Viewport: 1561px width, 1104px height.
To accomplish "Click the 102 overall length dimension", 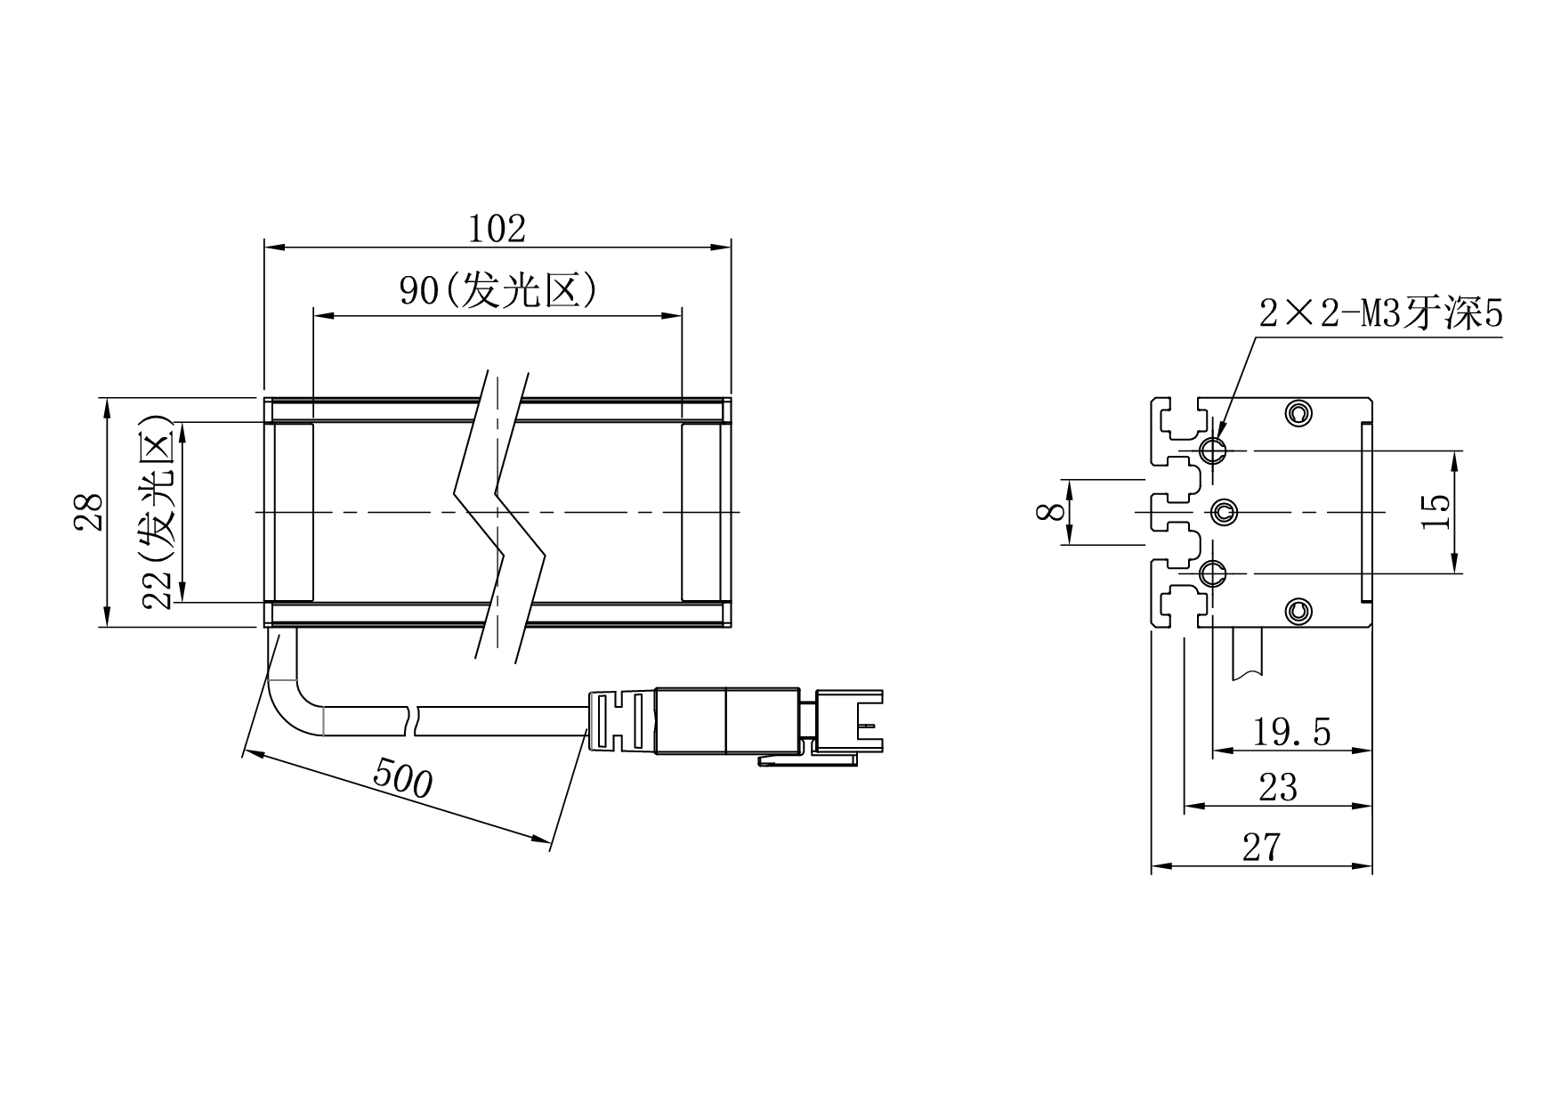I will [497, 229].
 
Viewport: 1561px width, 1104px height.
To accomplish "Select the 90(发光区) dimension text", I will [497, 290].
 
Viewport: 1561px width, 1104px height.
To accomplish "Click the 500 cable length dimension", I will [402, 777].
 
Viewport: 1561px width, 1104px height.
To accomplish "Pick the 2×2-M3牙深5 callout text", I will [1380, 313].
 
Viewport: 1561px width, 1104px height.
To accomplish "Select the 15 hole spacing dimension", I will [1436, 512].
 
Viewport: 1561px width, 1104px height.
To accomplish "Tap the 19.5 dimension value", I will [1291, 732].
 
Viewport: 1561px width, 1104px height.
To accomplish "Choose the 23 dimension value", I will [1278, 788].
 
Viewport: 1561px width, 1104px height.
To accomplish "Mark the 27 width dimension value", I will [1262, 847].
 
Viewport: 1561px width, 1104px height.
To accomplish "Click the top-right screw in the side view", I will [1299, 413].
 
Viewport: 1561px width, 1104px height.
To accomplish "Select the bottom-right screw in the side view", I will [1299, 610].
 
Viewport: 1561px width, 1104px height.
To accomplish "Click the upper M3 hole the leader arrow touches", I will [1212, 450].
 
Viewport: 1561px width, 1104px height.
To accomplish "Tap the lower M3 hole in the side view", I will [1212, 573].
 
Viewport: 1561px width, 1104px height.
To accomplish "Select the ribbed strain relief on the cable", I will [620, 720].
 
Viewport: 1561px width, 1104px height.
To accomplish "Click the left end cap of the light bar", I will [290, 512].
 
